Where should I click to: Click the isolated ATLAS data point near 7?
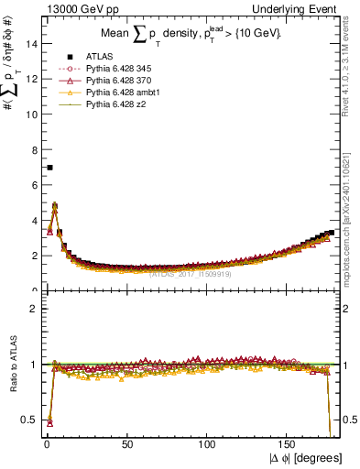pos(49,168)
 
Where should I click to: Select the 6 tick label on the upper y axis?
pos(32,185)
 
